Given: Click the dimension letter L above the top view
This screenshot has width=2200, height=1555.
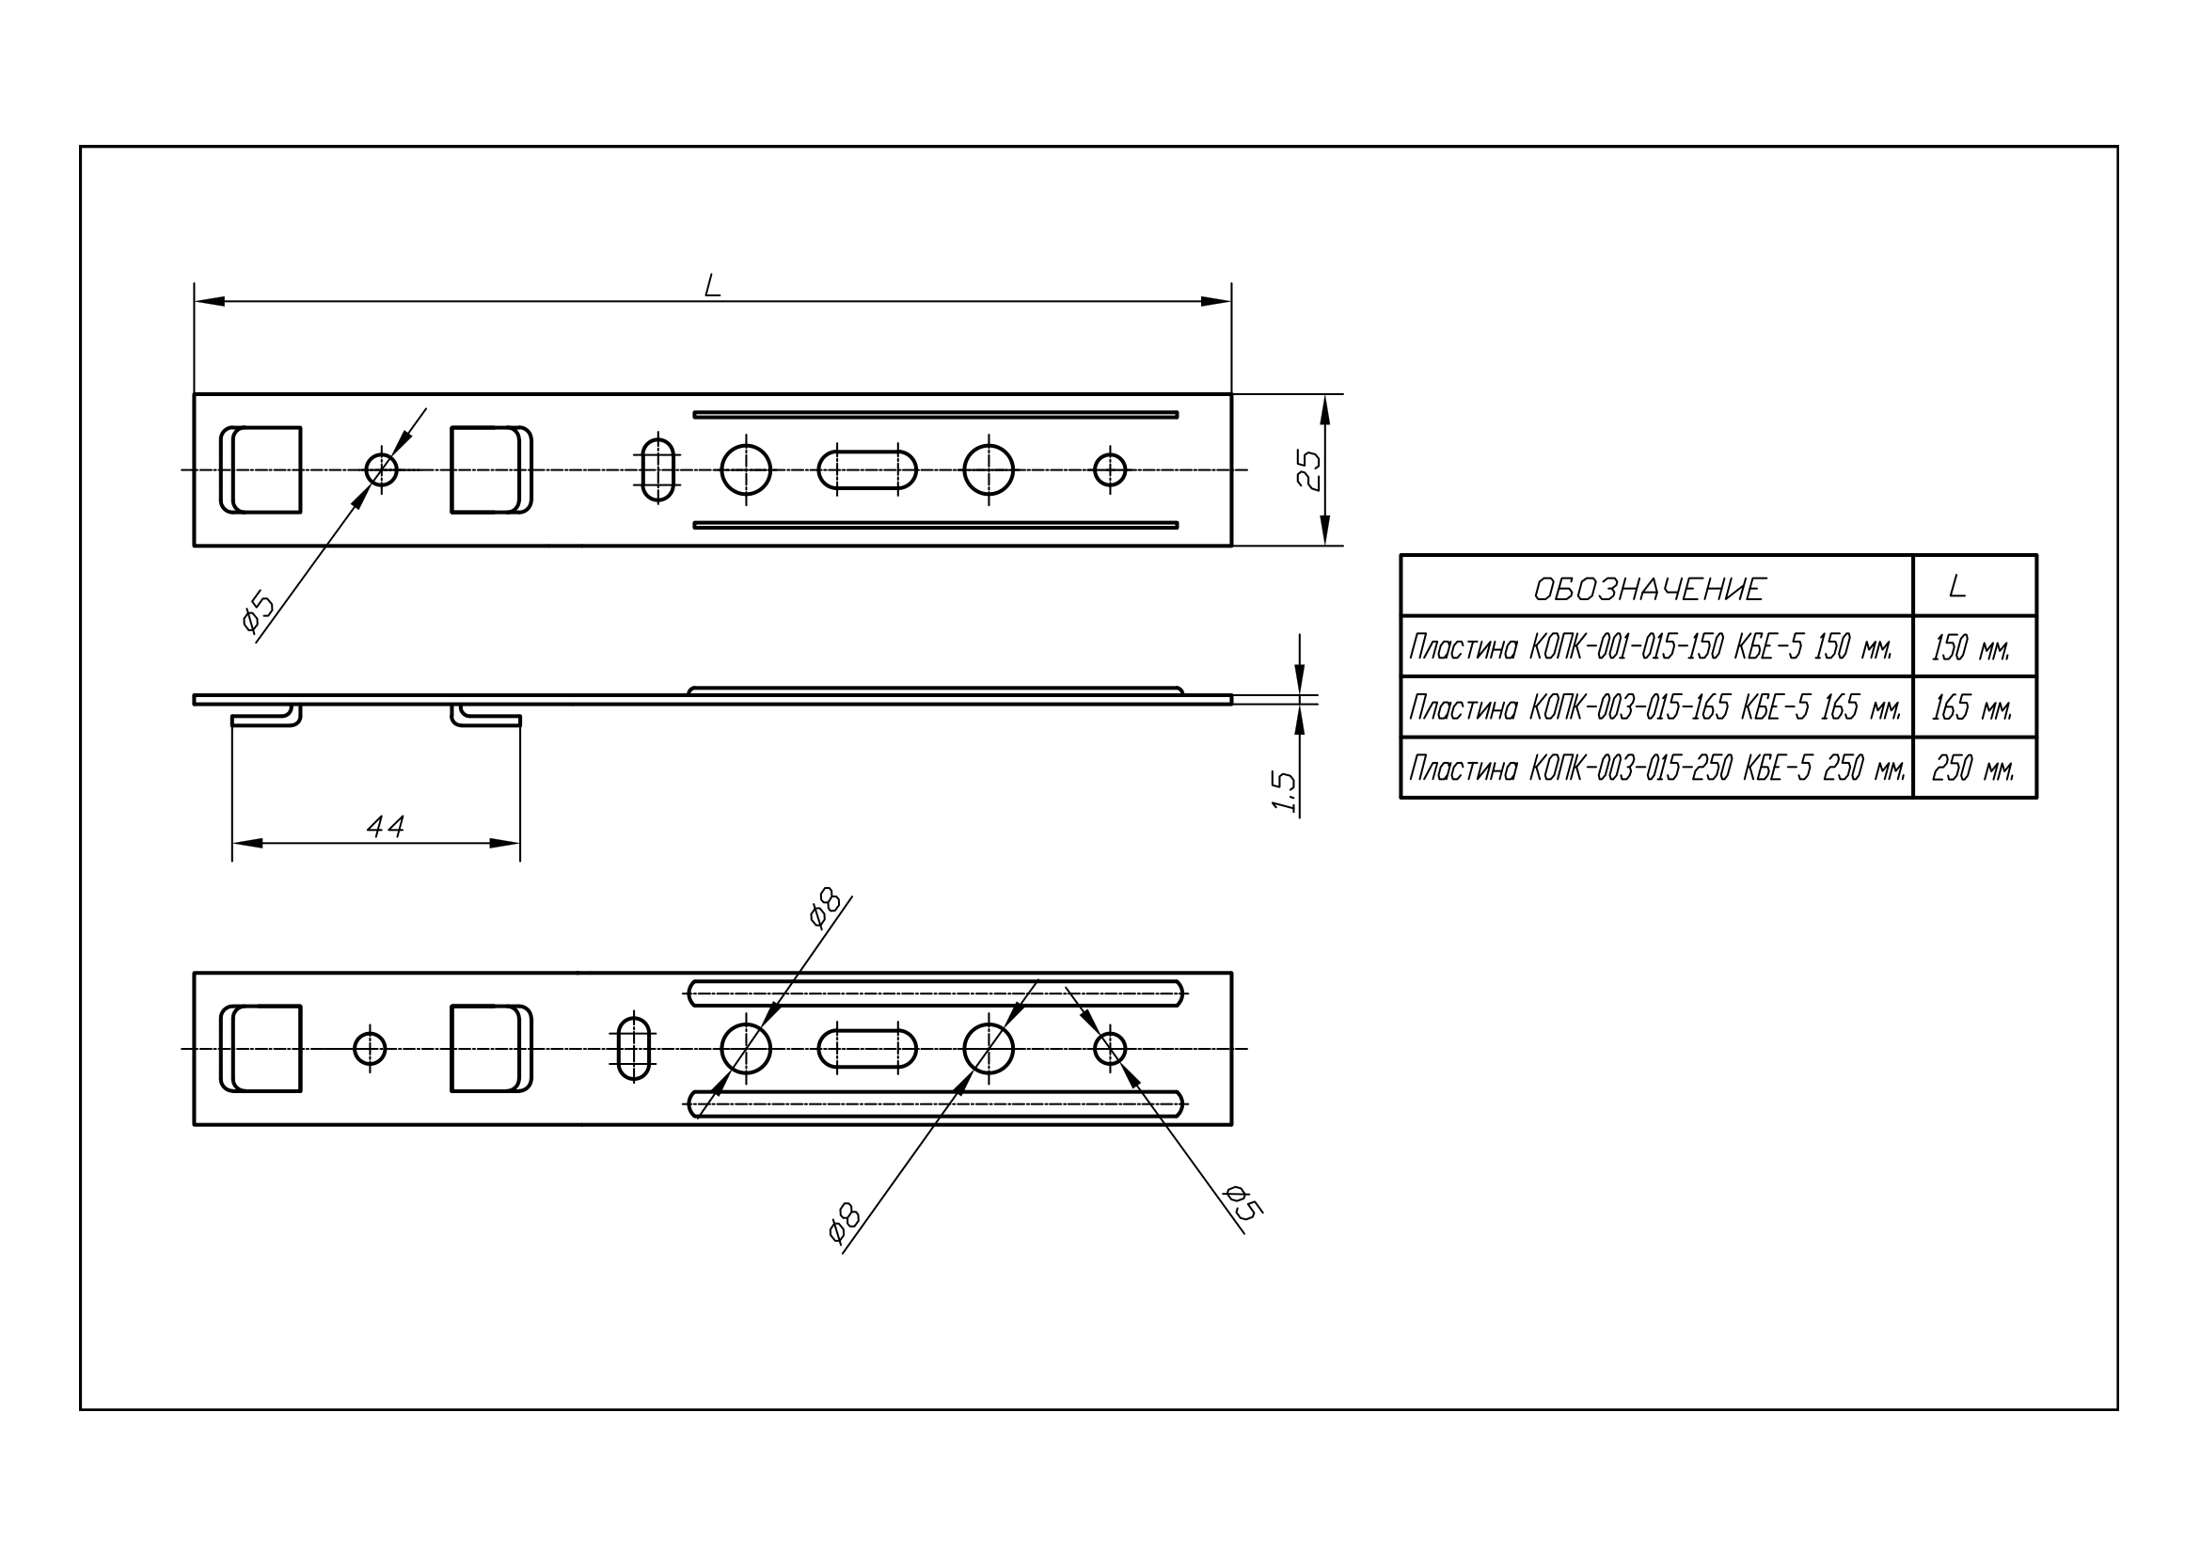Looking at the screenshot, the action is pos(712,286).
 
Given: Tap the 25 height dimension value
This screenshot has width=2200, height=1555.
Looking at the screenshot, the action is pos(1309,470).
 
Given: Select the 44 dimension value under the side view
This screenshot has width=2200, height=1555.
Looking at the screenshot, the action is pos(386,826).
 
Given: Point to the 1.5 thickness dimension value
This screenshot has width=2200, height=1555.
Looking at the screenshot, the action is pos(1284,791).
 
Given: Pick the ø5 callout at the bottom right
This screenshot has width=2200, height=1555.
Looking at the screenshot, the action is pos(1242,1202).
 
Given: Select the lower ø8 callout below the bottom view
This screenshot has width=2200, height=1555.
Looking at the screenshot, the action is pos(844,1224).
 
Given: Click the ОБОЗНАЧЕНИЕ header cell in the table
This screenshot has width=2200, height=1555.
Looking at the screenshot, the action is pos(1649,589).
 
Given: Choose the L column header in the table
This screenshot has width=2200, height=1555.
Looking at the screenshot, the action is pos(1957,586).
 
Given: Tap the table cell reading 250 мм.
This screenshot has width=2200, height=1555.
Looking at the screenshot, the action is pos(1973,769).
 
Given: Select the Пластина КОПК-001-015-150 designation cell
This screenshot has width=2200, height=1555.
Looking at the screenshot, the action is pos(1650,647).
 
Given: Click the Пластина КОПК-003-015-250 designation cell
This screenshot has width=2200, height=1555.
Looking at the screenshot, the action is pos(1656,769).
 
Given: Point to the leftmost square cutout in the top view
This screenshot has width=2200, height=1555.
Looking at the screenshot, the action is pos(261,469).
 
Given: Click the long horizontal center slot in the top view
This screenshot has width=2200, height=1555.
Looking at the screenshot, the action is pos(867,470).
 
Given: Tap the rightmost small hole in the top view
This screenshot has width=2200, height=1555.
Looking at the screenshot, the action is pos(1110,470).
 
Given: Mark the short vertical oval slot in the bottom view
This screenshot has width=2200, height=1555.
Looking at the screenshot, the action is pos(633,1049).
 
